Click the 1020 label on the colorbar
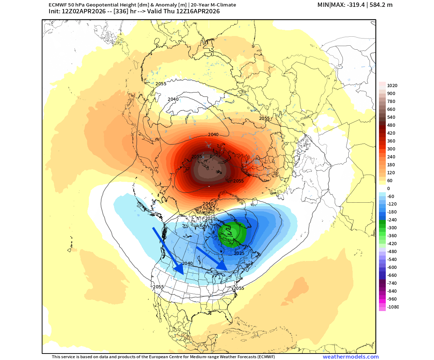coord(392,86)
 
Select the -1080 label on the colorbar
coord(393,307)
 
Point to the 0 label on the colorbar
coord(388,189)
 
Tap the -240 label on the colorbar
coord(392,220)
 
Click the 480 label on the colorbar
coord(391,125)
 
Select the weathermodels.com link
coord(351,357)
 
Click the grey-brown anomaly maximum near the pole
coord(211,169)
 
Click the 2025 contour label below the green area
coord(239,253)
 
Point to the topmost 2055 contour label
coord(161,84)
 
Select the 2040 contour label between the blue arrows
coord(187,264)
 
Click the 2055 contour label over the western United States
coord(158,287)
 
